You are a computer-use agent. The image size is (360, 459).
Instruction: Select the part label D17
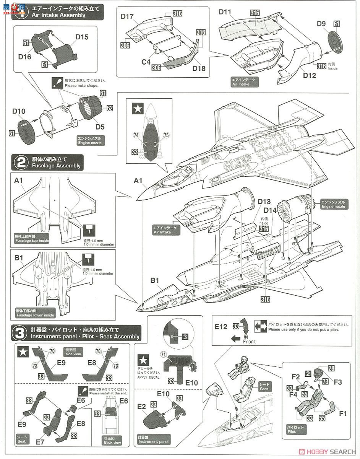point(127,16)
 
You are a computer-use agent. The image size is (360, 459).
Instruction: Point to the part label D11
point(225,12)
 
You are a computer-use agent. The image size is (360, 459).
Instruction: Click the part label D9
point(321,24)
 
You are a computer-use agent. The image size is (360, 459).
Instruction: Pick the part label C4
point(146,61)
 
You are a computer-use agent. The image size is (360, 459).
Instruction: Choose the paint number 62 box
point(110,108)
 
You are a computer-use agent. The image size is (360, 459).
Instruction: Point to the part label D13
point(264,201)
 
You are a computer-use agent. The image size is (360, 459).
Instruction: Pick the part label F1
point(343,413)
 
